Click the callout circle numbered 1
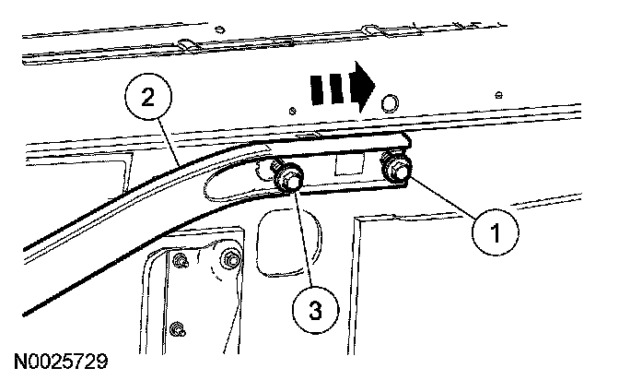click(495, 232)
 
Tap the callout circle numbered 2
click(148, 97)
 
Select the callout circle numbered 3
click(315, 310)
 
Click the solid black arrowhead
click(362, 87)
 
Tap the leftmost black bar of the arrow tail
click(316, 90)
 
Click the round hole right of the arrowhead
click(390, 103)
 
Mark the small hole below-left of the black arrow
click(292, 111)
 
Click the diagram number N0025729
click(61, 362)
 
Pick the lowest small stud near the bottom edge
click(177, 329)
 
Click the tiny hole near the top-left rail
click(220, 30)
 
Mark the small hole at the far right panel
click(498, 95)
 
